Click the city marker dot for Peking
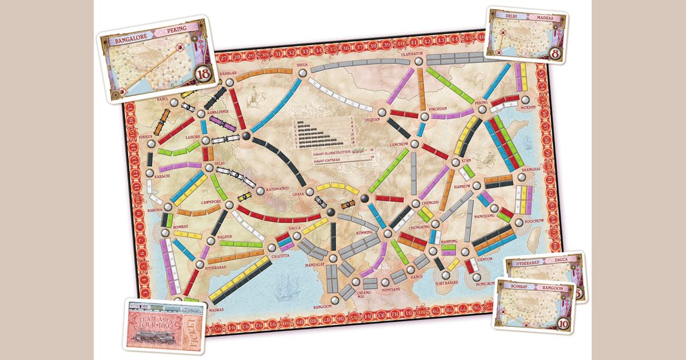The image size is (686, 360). [x=481, y=109]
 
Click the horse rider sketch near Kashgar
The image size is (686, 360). [x=251, y=99]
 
